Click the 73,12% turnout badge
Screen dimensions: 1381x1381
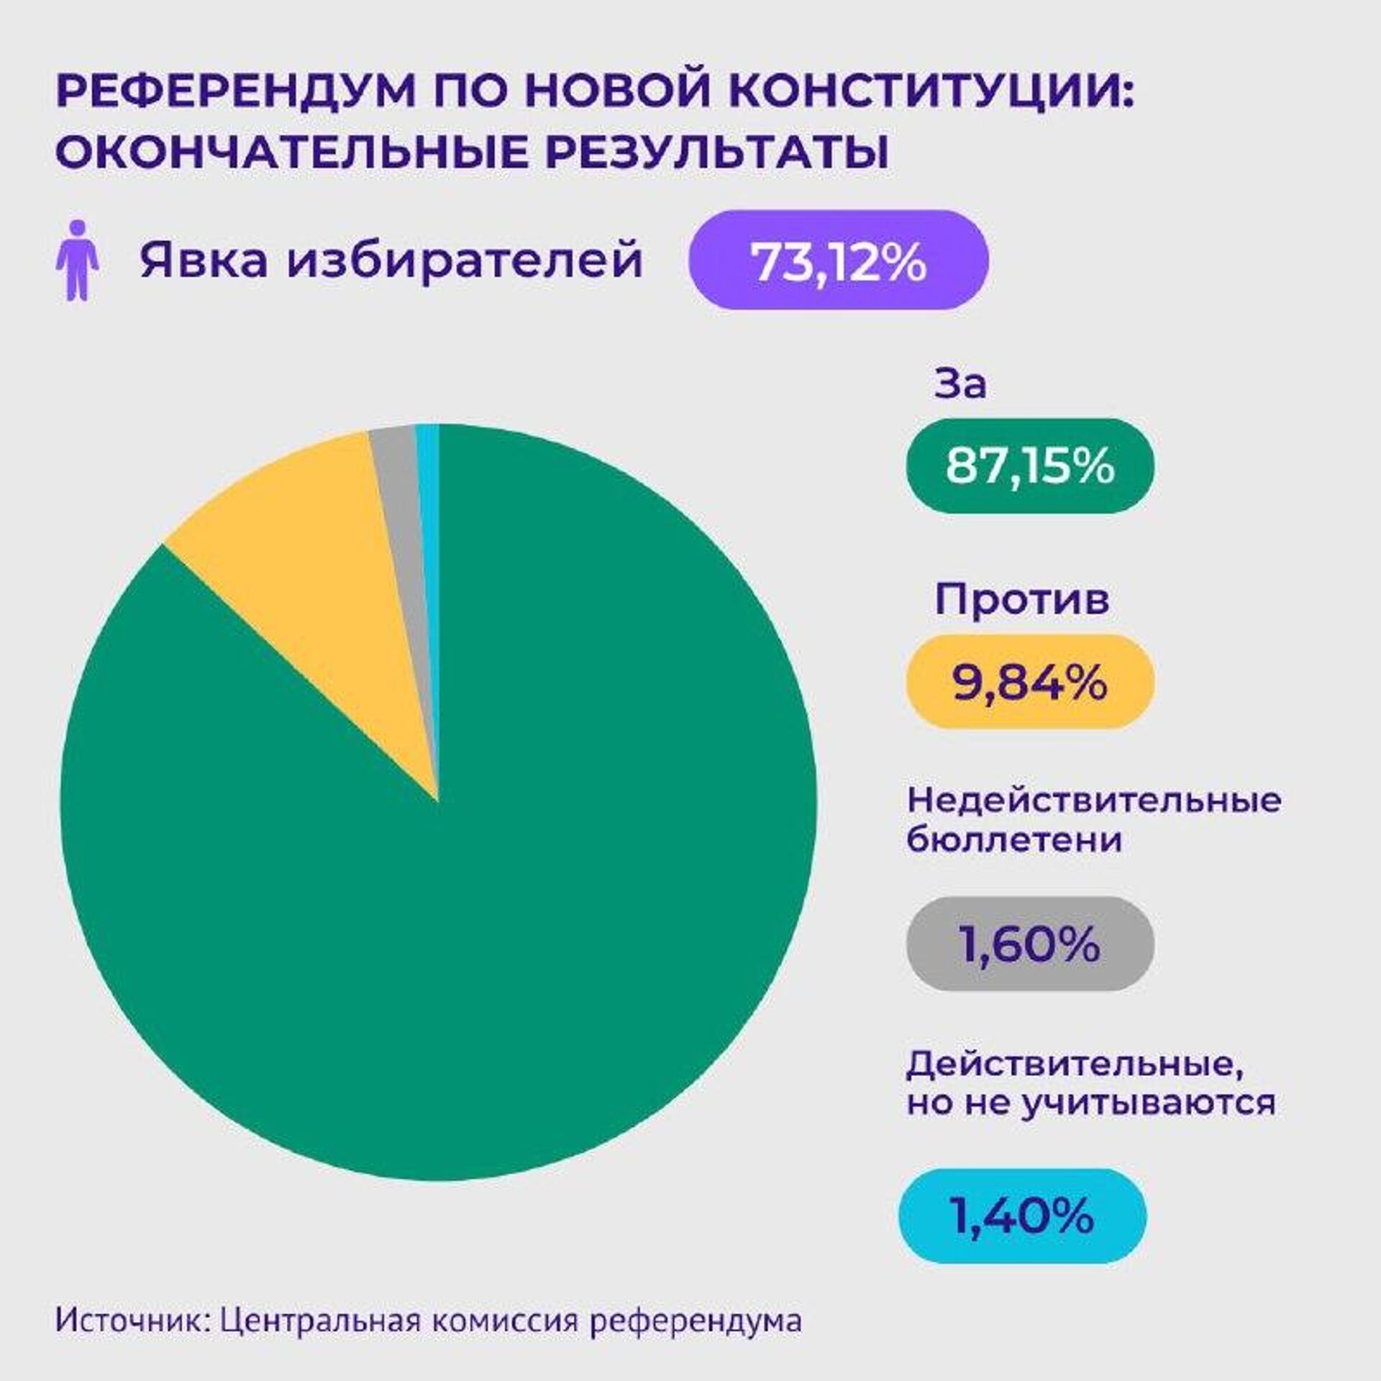(838, 260)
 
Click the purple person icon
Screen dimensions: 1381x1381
(78, 260)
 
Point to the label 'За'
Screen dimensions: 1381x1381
(960, 386)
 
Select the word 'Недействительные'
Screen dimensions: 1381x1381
(1093, 800)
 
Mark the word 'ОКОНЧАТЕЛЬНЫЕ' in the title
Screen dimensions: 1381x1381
(288, 152)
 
